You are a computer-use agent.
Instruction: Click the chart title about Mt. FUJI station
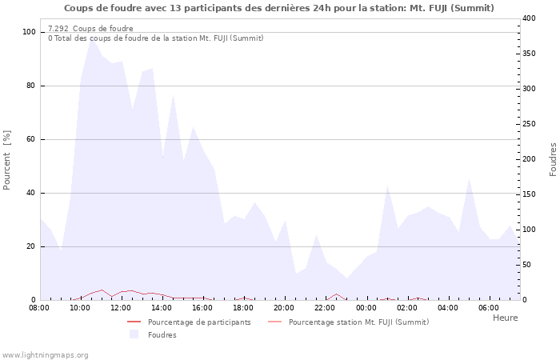(278, 8)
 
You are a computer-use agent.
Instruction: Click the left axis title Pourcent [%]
(7, 160)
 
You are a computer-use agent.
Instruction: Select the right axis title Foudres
(553, 159)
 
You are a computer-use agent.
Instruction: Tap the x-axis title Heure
(505, 318)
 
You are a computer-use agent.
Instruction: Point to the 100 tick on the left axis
(30, 32)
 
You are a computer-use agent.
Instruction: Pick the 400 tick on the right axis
(530, 18)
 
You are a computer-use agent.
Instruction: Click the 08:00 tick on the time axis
(39, 307)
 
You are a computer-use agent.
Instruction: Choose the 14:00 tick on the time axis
(162, 307)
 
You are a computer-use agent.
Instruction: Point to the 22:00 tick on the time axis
(325, 307)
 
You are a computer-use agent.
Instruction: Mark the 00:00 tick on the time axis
(366, 307)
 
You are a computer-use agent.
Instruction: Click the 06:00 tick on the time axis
(488, 307)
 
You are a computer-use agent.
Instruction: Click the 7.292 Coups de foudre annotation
(90, 29)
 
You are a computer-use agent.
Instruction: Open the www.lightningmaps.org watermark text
(45, 355)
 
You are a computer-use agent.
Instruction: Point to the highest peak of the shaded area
(90, 38)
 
